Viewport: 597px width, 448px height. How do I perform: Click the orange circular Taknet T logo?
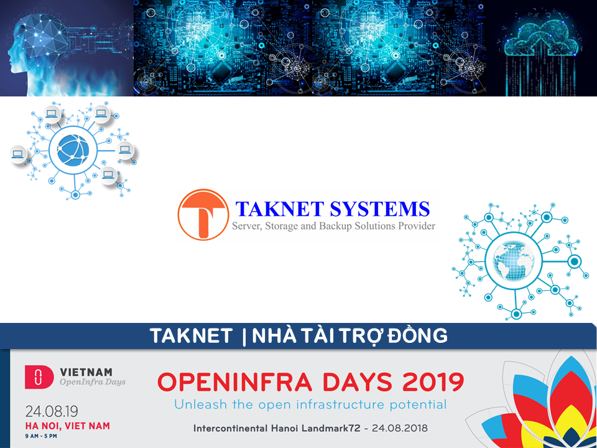pyautogui.click(x=203, y=215)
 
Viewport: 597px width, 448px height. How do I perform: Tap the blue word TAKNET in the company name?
pyautogui.click(x=280, y=209)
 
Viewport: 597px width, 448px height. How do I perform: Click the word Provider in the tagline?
pyautogui.click(x=417, y=226)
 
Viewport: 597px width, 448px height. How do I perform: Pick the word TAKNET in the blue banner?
pyautogui.click(x=191, y=336)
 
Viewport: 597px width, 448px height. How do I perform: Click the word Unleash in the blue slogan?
pyautogui.click(x=200, y=404)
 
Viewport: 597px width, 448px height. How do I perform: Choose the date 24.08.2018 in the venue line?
pyautogui.click(x=400, y=428)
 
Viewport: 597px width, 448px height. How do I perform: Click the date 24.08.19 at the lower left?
pyautogui.click(x=52, y=411)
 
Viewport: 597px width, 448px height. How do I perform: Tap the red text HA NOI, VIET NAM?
pyautogui.click(x=68, y=426)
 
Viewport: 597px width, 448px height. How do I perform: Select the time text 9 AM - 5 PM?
pyautogui.click(x=41, y=436)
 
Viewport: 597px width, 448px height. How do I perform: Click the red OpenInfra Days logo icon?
pyautogui.click(x=39, y=377)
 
